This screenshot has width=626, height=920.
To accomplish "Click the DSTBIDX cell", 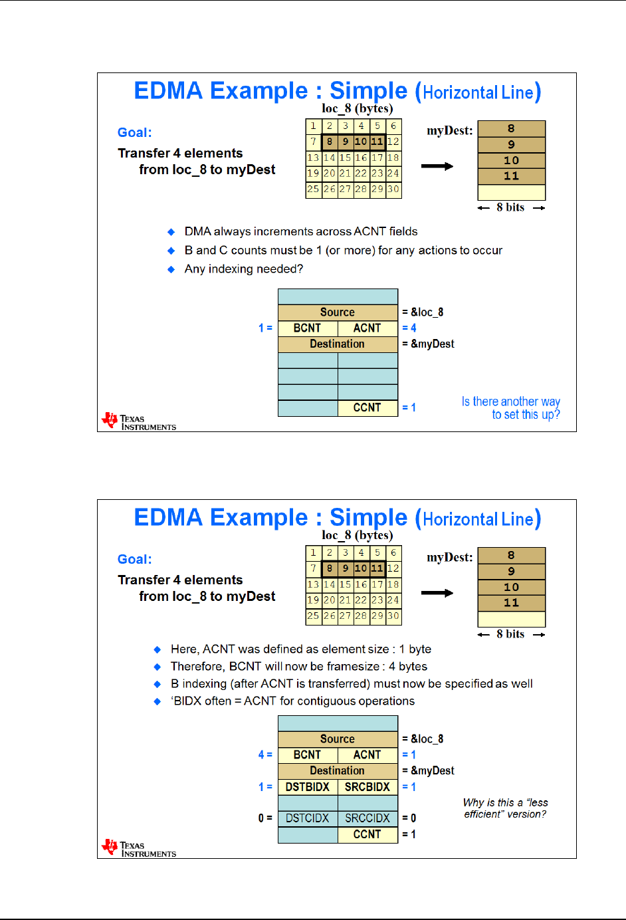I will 308,786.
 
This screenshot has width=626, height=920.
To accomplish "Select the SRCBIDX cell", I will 367,786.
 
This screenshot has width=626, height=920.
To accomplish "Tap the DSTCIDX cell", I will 308,818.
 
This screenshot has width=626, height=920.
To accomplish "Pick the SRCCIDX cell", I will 367,818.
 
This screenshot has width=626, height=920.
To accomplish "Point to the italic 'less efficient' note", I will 505,808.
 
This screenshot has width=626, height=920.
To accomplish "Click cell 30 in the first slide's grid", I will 393,189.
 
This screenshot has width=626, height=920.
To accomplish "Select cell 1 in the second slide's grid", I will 314,552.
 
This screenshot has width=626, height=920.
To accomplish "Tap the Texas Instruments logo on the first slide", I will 139,421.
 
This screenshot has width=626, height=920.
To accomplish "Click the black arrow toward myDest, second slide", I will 437,593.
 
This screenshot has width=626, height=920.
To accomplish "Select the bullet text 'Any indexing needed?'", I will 243,269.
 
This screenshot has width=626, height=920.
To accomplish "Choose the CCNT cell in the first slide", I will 367,407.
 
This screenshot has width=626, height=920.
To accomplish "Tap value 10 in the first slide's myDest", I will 511,160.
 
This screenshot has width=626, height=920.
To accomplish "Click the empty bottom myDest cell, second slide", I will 511,619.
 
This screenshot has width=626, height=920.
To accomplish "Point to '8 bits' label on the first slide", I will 510,207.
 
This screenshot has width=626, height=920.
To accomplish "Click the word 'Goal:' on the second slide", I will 135,559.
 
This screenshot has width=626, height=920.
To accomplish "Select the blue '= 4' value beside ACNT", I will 409,328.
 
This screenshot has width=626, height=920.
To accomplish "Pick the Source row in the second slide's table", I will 338,739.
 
